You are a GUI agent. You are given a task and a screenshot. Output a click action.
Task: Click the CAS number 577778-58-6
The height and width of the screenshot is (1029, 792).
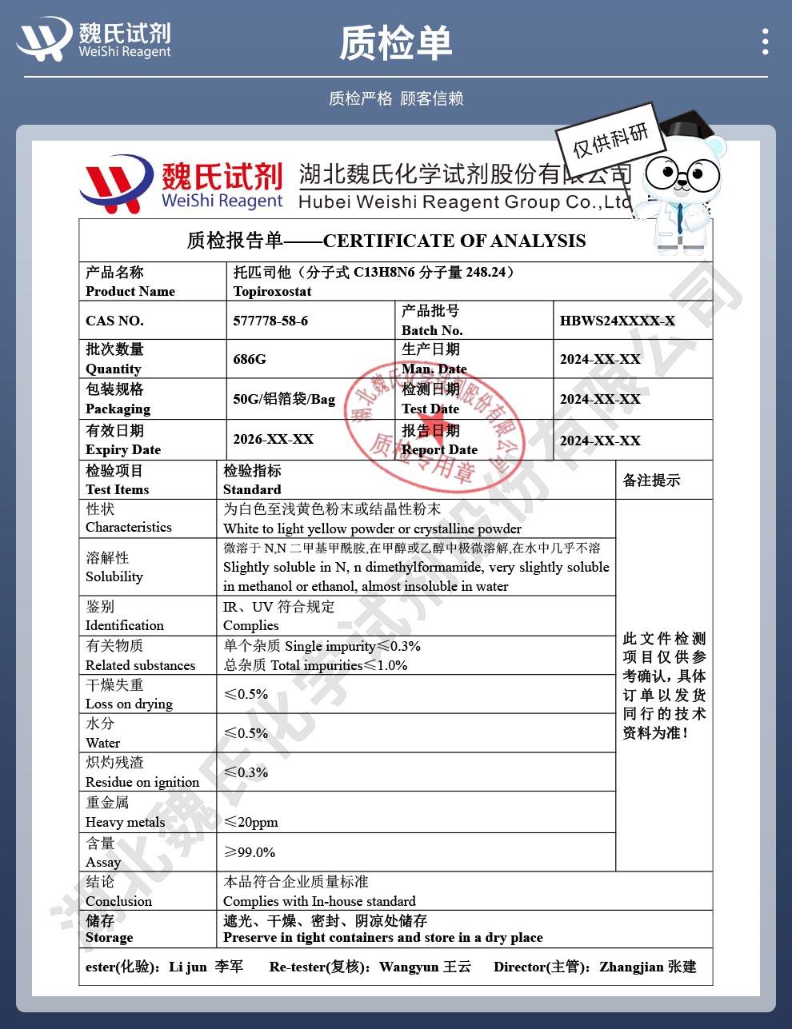[270, 321]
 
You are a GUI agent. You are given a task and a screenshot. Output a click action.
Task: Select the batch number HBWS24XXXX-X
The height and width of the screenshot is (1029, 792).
[617, 321]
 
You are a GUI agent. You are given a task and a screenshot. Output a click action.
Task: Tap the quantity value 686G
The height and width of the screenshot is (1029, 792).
[250, 359]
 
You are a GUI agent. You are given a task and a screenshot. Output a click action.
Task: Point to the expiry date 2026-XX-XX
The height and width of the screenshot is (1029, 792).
[273, 439]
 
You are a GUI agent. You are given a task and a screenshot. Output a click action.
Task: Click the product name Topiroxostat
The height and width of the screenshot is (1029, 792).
[272, 291]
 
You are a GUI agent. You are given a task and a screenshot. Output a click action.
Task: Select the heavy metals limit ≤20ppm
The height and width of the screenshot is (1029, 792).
[251, 822]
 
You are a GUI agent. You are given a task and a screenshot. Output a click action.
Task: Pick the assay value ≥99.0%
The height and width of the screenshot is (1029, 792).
[250, 852]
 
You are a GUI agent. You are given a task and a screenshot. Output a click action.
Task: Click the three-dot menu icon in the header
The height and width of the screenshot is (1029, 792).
[766, 42]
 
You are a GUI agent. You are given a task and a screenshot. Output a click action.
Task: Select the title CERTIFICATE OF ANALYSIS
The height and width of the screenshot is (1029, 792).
[454, 241]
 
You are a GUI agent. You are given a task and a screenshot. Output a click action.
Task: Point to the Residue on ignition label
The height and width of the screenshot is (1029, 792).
[142, 782]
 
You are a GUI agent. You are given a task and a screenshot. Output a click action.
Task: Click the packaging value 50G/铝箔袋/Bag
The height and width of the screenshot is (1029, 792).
[284, 399]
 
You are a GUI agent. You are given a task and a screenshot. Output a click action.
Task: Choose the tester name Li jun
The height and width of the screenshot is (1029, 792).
[188, 967]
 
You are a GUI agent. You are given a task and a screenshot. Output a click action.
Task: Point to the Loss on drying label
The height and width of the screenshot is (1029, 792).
[129, 704]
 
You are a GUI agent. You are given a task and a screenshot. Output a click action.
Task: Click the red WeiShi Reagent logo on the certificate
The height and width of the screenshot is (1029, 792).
[117, 184]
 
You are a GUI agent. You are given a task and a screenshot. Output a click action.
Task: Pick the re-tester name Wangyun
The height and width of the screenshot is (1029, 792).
[409, 967]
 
